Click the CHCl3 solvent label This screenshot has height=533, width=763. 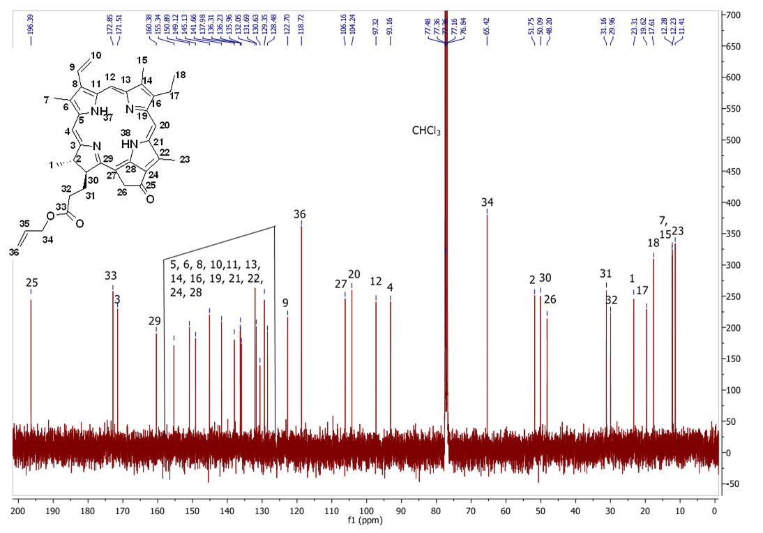(x=425, y=130)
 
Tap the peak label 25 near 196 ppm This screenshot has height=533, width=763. (x=31, y=283)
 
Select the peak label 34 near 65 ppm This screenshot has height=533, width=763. (x=488, y=202)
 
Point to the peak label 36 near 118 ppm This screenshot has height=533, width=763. (x=300, y=214)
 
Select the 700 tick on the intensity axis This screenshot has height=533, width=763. (x=734, y=15)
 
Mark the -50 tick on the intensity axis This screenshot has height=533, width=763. (x=734, y=484)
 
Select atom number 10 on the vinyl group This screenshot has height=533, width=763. (x=96, y=55)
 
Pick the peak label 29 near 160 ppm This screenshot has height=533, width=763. (x=155, y=320)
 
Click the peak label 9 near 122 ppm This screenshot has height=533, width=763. (x=285, y=303)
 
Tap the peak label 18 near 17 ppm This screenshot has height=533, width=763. (x=654, y=243)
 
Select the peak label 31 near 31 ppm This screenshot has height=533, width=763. (x=605, y=273)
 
